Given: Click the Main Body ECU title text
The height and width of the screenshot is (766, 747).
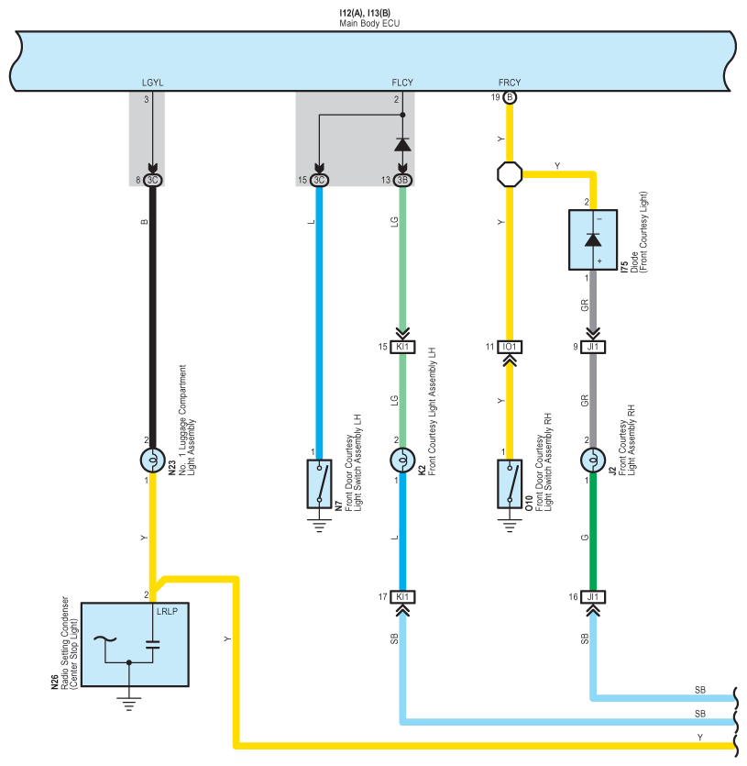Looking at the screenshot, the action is coord(369,24).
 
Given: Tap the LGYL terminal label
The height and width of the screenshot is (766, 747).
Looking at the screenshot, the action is coord(152,83).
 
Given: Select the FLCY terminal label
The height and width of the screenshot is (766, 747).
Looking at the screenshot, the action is coord(402,83).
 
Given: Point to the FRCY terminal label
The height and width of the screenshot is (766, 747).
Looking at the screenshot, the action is coord(510,83).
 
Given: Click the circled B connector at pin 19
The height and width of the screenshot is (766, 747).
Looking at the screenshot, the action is coord(510,97).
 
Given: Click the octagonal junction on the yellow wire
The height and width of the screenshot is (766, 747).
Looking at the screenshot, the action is coord(510,174).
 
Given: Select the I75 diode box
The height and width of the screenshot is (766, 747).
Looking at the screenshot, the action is coord(593,239).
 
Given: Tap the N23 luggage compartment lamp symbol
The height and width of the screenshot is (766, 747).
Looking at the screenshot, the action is coord(152,461).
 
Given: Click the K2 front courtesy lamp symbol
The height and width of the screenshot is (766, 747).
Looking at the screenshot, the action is coord(402,461).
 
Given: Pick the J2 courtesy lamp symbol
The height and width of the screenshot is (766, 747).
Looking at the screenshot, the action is coord(593,461).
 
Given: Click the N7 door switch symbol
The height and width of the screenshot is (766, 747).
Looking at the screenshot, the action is coord(319,483).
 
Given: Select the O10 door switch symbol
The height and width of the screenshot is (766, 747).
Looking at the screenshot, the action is coord(510,483).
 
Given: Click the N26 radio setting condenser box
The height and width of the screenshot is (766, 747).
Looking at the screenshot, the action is coord(135,644).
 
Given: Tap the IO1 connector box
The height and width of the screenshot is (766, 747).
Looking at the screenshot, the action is coord(510,347).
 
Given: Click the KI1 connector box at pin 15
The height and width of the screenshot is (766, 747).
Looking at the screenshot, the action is coord(402,347).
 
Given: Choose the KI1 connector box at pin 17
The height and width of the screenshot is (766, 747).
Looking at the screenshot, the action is coord(402,597).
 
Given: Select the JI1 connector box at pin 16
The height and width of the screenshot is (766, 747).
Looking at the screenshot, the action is coord(593,597).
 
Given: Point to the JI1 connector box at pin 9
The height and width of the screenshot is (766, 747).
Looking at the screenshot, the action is coord(593,347).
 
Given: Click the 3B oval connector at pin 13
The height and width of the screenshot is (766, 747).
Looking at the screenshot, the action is coord(402,181).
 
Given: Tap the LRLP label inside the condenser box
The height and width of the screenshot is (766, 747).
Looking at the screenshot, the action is coord(167,611).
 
